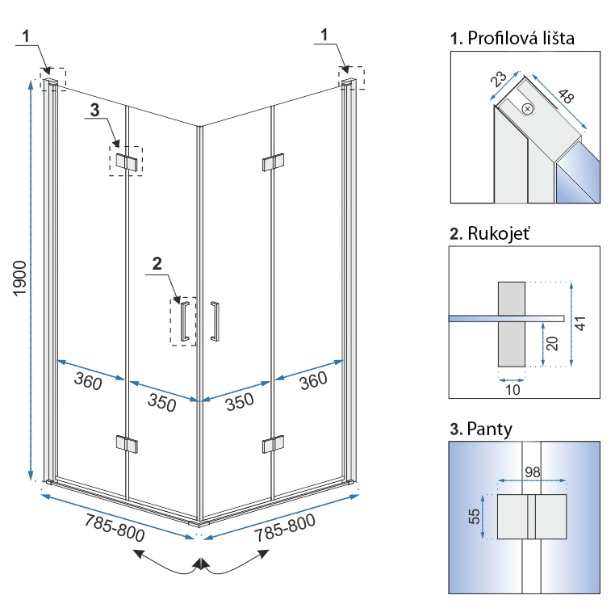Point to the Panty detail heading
click(481, 429)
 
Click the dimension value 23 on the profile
click(498, 78)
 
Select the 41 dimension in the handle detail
click(579, 323)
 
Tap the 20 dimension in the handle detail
click(552, 344)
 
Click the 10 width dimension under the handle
click(512, 389)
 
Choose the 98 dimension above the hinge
click(531, 472)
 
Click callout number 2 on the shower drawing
click(157, 262)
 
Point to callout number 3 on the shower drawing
click(94, 111)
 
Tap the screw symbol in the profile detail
click(527, 108)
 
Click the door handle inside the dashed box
click(186, 321)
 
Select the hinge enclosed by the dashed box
click(126, 161)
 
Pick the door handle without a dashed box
click(215, 321)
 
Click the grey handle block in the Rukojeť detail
click(512, 322)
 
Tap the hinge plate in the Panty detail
click(530, 516)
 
